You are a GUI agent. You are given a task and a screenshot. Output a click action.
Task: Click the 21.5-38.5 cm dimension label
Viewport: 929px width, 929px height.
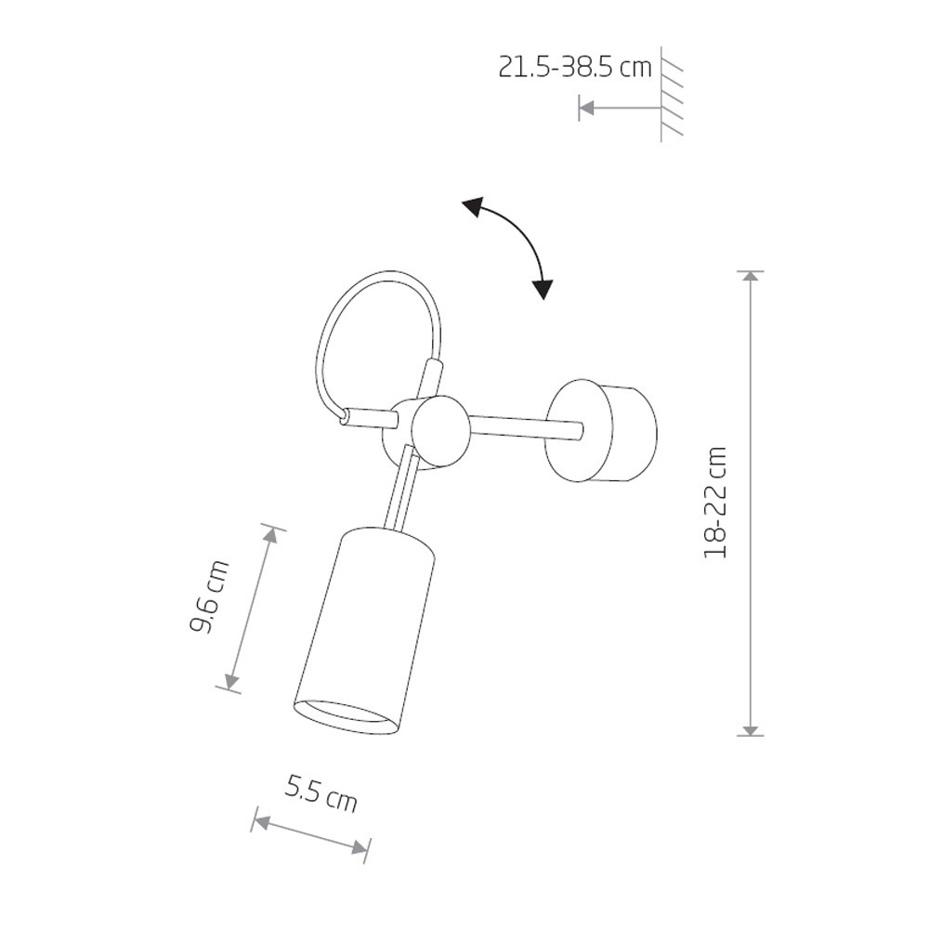[575, 68]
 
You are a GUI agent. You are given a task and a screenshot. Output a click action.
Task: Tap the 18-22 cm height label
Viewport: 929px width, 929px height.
[715, 503]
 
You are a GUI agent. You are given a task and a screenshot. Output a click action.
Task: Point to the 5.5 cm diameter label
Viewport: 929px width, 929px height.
[321, 794]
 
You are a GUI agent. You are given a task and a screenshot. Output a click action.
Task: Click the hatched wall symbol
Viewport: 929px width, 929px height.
[672, 95]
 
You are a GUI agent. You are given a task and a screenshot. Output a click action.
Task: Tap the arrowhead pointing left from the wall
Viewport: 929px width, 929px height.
[586, 108]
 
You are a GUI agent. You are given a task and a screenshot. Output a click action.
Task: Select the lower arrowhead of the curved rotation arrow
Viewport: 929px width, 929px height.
[543, 289]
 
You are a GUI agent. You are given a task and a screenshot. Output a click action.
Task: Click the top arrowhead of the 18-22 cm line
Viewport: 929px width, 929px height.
[752, 279]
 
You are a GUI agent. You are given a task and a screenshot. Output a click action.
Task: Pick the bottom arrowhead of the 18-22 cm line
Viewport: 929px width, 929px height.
[752, 727]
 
